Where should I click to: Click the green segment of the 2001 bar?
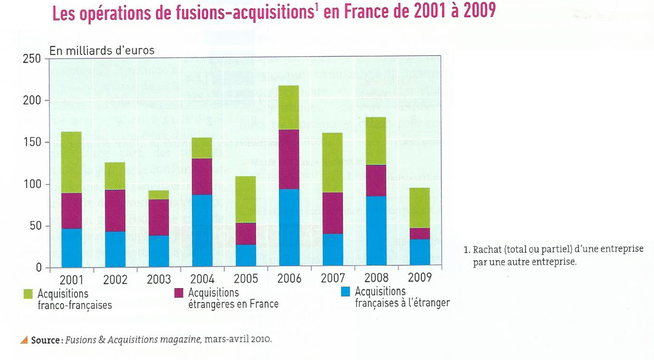tap(71, 162)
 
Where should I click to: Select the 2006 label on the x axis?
tap(289, 278)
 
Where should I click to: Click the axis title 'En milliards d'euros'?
tap(102, 47)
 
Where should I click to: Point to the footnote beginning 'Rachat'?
tap(555, 255)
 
